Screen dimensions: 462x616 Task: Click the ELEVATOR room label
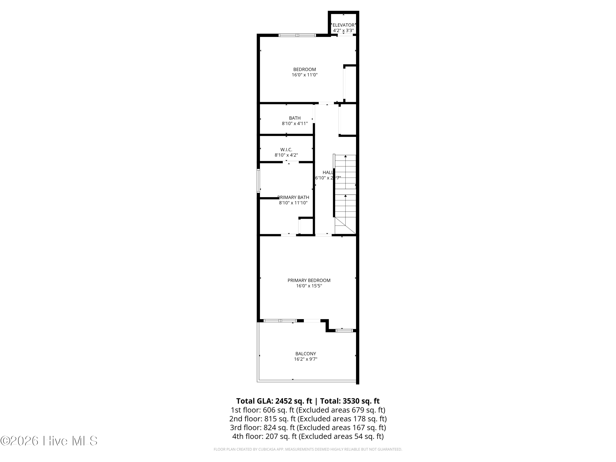pos(343,25)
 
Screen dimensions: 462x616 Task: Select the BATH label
pos(295,118)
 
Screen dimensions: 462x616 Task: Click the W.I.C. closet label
pos(286,149)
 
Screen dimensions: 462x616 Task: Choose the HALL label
pos(328,172)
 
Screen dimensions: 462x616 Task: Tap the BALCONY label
pos(306,354)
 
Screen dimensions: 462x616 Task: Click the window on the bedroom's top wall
pos(297,35)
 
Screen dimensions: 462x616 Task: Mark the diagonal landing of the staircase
pos(345,226)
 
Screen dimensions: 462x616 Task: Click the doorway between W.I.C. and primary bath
pos(291,162)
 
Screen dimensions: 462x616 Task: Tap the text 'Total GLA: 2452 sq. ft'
pos(274,401)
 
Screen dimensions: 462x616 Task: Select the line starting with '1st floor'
pos(308,410)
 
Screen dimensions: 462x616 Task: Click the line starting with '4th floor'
pos(308,436)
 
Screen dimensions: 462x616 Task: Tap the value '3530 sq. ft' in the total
pos(361,401)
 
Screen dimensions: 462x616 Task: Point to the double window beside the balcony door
pos(280,321)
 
